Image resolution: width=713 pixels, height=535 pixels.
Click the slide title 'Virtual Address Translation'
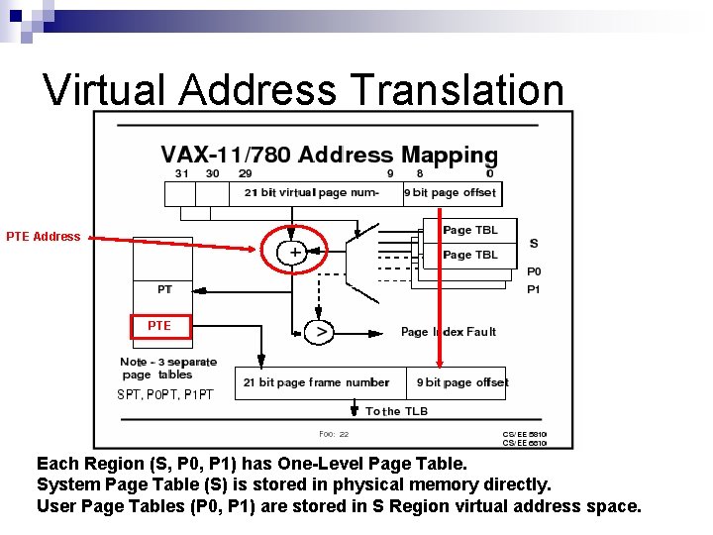303,90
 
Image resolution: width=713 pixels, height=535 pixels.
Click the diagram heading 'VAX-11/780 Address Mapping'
329,155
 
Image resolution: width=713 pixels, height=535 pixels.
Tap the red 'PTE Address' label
43,237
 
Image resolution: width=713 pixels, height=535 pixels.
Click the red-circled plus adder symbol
294,253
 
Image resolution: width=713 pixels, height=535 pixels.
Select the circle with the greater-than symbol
319,333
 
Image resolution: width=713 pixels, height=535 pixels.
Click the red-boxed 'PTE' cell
158,325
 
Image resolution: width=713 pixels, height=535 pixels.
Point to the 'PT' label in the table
164,289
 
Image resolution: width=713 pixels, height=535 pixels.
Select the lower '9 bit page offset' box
460,382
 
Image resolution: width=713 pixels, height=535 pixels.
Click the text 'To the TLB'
396,411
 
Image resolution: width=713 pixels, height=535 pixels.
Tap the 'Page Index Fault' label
448,332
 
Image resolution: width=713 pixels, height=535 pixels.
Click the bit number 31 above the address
182,173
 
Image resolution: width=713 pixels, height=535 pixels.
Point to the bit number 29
246,173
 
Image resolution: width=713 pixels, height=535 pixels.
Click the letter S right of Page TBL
534,244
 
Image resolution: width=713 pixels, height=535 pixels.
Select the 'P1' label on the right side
534,289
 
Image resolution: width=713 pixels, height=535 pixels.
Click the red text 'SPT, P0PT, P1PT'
164,394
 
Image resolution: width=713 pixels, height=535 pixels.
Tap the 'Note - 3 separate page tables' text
167,369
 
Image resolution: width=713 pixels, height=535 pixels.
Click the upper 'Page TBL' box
470,230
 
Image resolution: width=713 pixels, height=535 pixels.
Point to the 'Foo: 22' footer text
334,434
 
